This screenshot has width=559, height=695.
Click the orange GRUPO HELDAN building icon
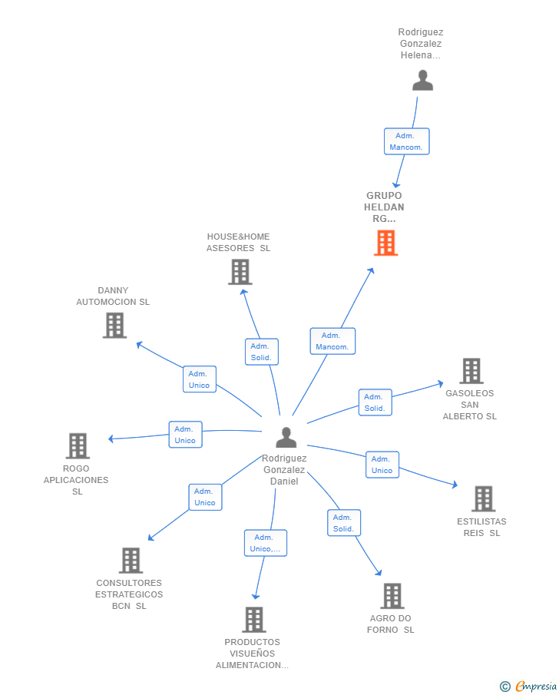(385, 243)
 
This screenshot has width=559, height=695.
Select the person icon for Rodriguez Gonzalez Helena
(422, 80)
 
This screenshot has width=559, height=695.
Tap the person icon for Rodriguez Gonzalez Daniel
(286, 437)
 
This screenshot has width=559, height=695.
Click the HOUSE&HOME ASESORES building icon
(240, 272)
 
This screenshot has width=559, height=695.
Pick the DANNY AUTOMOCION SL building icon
(115, 326)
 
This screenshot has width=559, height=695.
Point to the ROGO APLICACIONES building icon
(78, 446)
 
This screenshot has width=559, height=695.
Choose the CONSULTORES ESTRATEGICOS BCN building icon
(131, 561)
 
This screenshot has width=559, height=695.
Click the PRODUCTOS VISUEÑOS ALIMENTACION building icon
(254, 620)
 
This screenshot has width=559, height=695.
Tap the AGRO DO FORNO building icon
(392, 596)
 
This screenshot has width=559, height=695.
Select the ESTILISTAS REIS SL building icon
(484, 498)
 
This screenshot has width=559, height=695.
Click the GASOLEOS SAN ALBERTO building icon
(471, 371)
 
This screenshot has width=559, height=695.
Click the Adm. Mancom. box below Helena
(406, 141)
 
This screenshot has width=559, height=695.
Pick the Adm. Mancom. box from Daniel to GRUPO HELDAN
(332, 341)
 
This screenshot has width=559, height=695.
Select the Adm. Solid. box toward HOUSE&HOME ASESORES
(262, 352)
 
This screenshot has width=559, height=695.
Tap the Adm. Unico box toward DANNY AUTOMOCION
(200, 379)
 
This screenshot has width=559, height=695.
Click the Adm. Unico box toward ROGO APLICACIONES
(185, 435)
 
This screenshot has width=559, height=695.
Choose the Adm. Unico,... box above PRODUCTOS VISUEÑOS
(266, 543)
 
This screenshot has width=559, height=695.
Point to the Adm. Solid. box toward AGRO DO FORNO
(344, 523)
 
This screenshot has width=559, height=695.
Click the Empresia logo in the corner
(528, 686)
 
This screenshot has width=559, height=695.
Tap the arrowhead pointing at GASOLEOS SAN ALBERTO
(440, 383)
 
